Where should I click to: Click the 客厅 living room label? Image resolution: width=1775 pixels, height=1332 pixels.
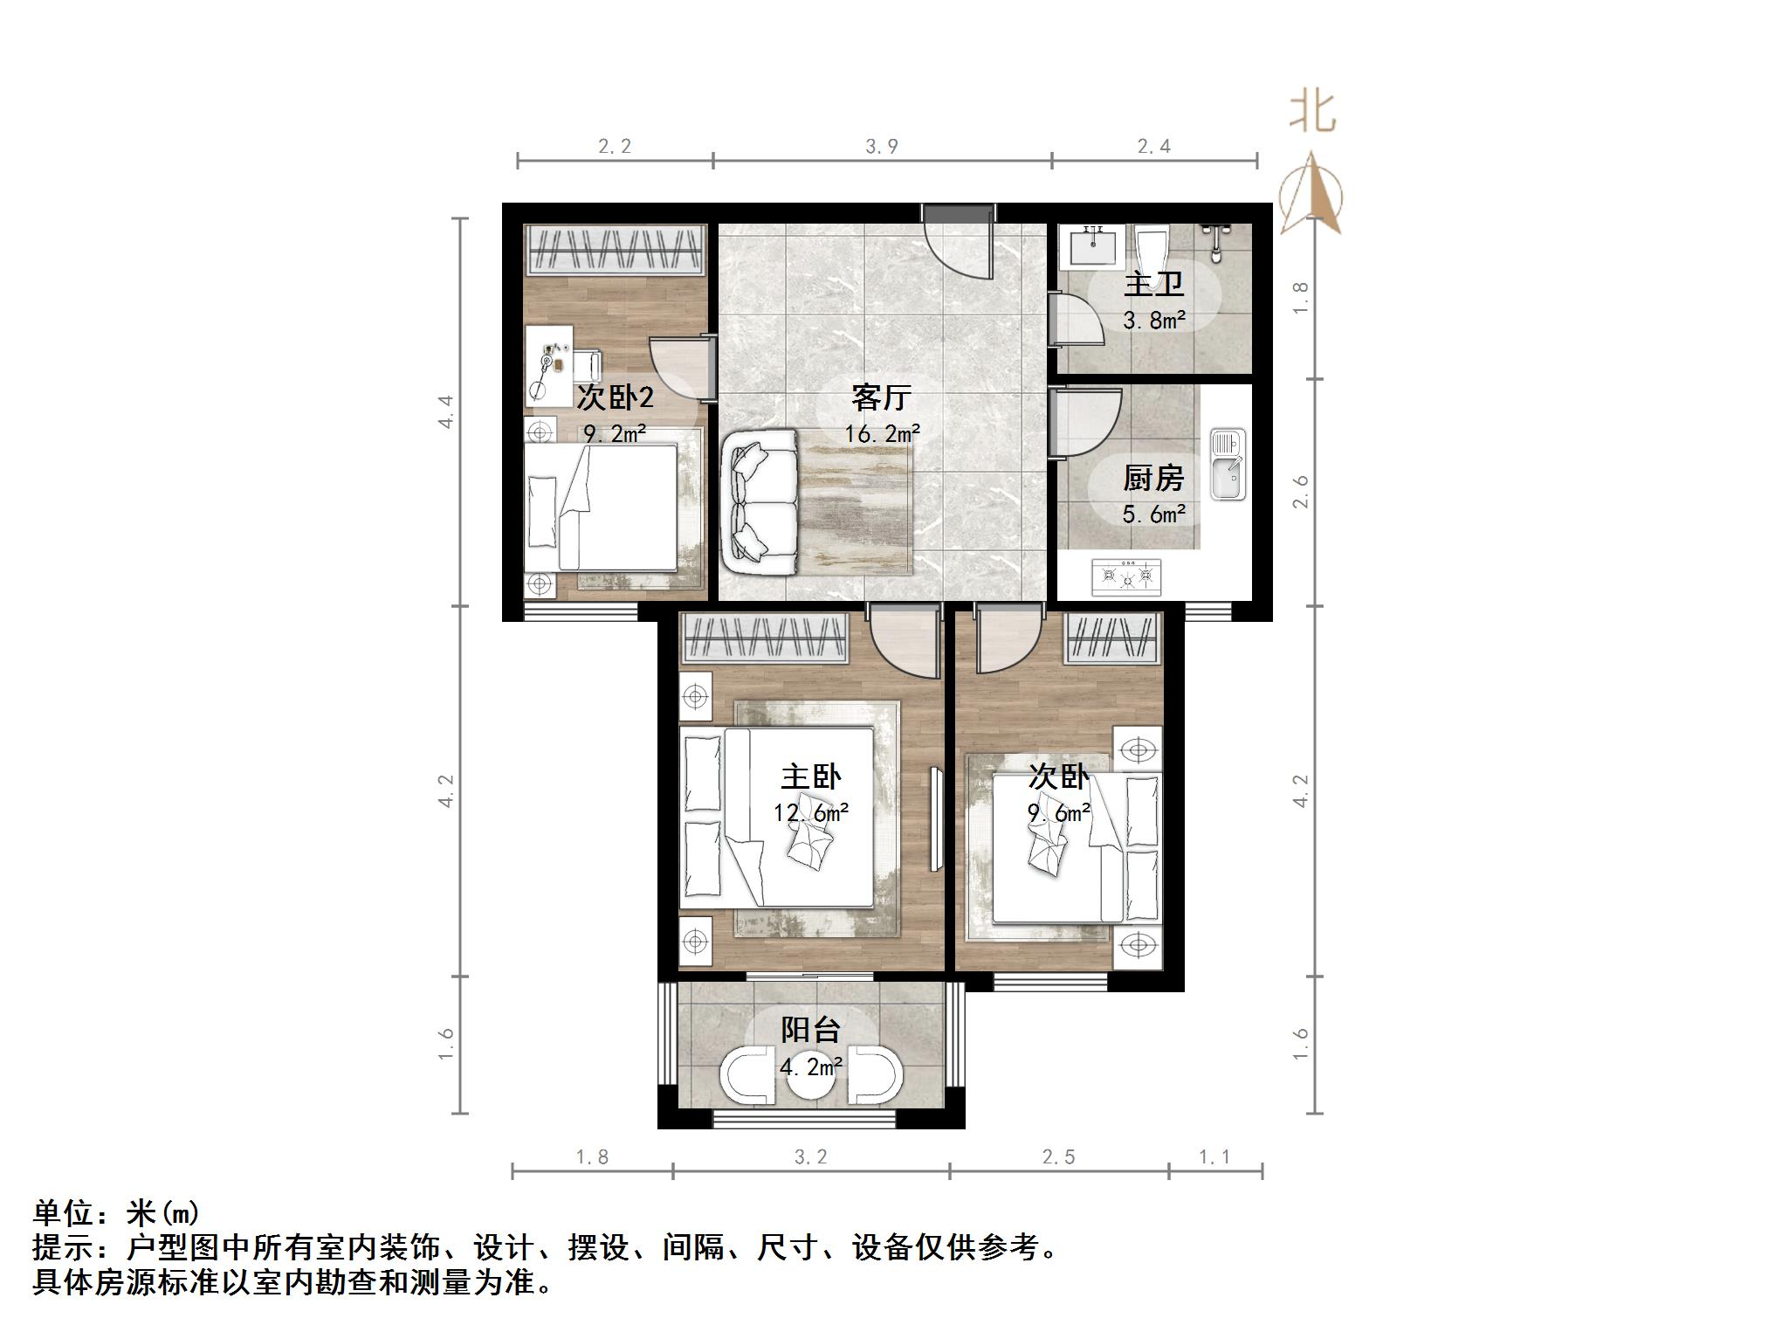pos(882,398)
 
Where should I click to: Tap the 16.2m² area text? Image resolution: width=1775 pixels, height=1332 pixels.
pos(882,433)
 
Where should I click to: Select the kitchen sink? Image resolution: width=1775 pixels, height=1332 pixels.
pos(1228,465)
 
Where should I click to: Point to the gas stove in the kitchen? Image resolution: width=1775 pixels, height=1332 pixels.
pos(1126,576)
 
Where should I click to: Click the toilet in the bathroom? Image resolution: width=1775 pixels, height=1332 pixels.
pos(1152,250)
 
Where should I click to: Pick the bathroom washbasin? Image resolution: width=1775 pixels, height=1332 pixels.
pos(1092,245)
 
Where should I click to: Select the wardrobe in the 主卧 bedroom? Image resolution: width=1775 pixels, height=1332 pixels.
pos(765,638)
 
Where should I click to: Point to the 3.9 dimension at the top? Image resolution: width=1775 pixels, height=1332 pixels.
pos(882,146)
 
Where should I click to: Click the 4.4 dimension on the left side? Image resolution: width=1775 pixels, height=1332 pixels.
pos(446,411)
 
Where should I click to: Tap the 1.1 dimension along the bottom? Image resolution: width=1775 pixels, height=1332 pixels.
pos(1214,1157)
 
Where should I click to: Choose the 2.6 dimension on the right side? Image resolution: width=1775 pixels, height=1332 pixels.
pos(1301,492)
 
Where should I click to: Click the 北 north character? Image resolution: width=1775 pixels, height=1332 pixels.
pos(1312,114)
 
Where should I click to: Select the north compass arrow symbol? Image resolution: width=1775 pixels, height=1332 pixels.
pos(1311,195)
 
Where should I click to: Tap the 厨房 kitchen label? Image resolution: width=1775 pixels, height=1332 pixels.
pos(1153,478)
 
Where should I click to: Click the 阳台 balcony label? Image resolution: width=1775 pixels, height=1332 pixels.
pos(810,1030)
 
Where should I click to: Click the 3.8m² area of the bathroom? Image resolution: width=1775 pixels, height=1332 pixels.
pos(1153,321)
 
